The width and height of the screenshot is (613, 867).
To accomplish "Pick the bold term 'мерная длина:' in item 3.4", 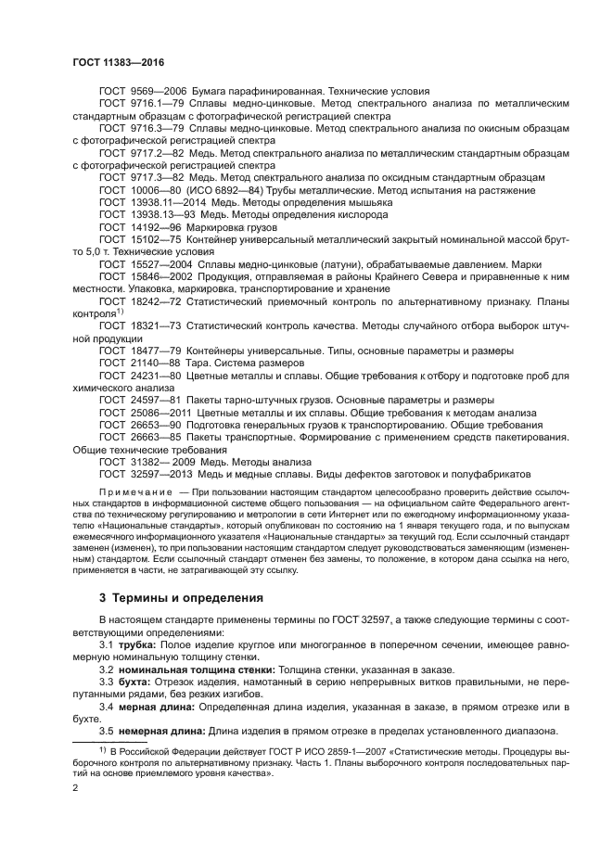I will (x=156, y=707).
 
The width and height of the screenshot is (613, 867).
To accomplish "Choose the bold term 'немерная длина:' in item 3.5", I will (x=161, y=732).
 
